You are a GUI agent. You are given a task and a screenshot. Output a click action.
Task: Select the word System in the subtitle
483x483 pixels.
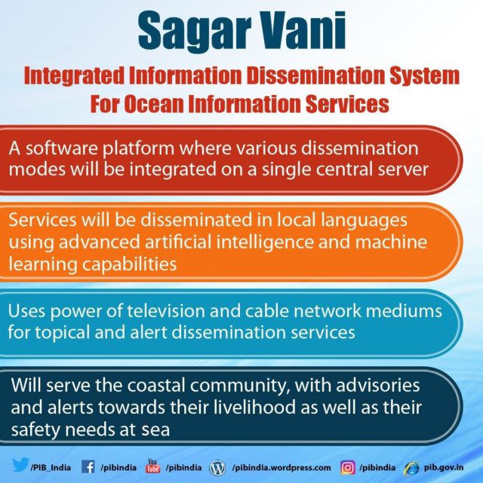[x=424, y=76]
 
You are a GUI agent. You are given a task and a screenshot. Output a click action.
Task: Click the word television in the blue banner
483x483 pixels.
[x=166, y=311]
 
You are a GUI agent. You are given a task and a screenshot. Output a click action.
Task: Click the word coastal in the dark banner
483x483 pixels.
[x=156, y=386]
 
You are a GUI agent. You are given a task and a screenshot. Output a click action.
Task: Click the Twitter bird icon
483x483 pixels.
[x=20, y=465]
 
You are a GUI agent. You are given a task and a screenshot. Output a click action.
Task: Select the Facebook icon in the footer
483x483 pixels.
[x=88, y=467]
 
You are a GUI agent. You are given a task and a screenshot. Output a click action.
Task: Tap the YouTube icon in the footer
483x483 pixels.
[x=152, y=466]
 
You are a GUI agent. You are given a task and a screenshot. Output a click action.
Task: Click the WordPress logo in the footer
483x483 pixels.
[x=217, y=468]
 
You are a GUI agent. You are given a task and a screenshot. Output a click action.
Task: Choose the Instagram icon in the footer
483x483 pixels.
[x=348, y=468]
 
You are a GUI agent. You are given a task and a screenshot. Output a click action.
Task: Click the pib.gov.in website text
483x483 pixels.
[x=444, y=467]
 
